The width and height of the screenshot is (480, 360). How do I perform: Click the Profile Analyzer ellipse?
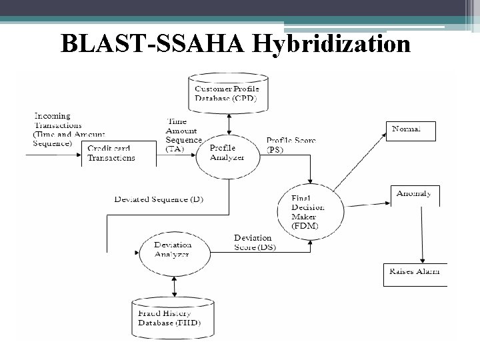tap(227, 153)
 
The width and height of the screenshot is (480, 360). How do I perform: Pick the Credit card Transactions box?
tap(111, 153)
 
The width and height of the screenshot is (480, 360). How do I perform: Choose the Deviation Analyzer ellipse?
tap(173, 249)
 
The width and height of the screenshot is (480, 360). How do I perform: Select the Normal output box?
tap(411, 130)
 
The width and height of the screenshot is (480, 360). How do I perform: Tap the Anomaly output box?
tap(414, 195)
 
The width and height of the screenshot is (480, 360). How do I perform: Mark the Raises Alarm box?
tap(415, 273)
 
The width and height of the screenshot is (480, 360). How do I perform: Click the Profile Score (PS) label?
tap(291, 145)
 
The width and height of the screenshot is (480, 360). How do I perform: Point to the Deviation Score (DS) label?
tap(254, 242)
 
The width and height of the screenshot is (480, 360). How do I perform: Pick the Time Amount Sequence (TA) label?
tap(183, 136)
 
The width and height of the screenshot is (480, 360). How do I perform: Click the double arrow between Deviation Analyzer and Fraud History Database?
tap(173, 285)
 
